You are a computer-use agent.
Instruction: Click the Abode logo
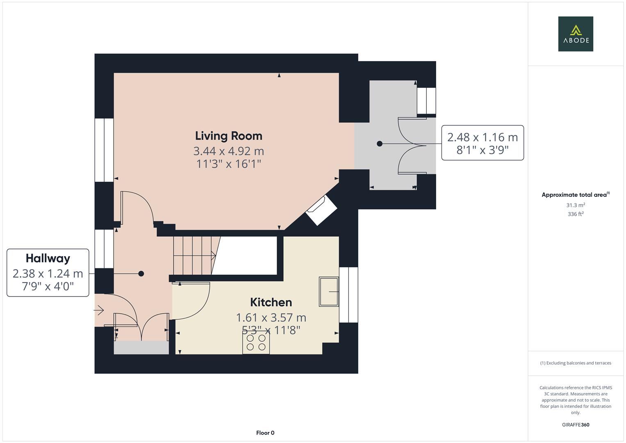tap(575, 34)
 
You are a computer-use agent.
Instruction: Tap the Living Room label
tap(228, 136)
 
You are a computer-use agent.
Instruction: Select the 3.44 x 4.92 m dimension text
tap(228, 151)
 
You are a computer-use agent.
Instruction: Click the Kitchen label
tap(271, 302)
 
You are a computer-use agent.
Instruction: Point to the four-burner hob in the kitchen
tap(256, 343)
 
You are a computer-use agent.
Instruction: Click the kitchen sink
tap(329, 292)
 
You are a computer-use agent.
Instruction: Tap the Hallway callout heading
tap(48, 258)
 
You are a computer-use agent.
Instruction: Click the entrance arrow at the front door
tap(99, 311)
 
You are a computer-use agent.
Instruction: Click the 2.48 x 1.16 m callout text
tap(482, 137)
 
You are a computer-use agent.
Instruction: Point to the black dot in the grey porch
tap(380, 144)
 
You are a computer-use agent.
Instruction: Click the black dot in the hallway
tap(141, 274)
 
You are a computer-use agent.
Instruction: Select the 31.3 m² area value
tap(575, 205)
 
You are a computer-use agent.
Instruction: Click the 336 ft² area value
tap(575, 214)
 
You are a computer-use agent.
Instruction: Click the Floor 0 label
tap(265, 433)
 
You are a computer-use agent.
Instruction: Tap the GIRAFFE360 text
tap(575, 425)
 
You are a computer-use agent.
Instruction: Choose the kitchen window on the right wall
tap(348, 295)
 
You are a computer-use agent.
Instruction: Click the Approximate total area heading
tap(575, 195)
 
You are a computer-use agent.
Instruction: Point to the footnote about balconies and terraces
tap(575, 363)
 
